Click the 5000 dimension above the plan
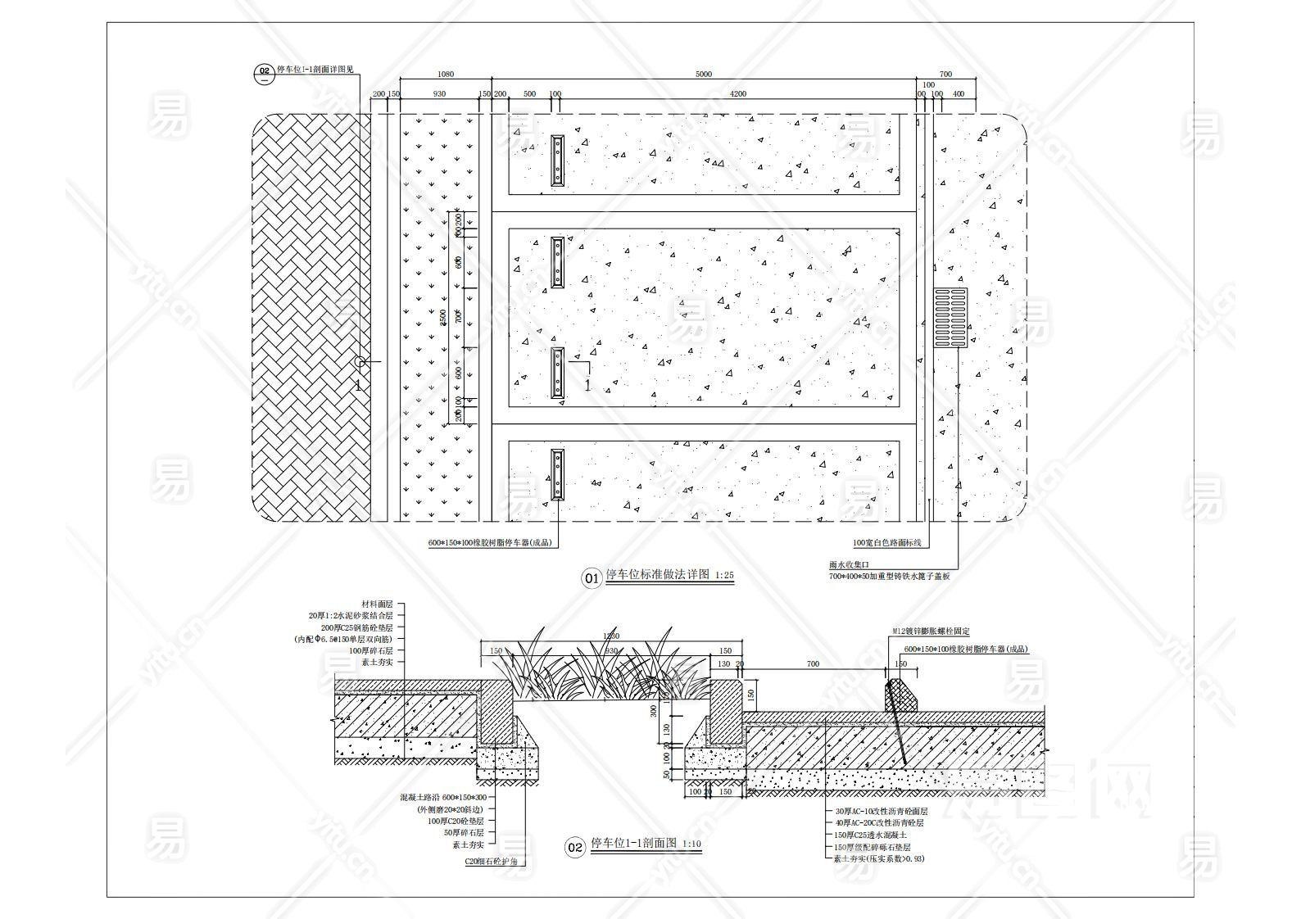click(703, 75)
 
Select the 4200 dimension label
click(737, 94)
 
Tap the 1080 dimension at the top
click(446, 75)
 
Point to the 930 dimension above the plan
click(439, 94)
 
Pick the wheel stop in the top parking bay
click(557, 160)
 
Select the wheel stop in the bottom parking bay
click(557, 474)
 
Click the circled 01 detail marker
click(592, 578)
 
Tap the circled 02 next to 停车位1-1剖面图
click(575, 847)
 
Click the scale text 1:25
click(724, 576)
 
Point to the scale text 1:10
click(691, 844)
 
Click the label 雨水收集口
click(847, 565)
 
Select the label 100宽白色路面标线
click(887, 543)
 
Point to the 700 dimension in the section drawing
click(813, 664)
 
